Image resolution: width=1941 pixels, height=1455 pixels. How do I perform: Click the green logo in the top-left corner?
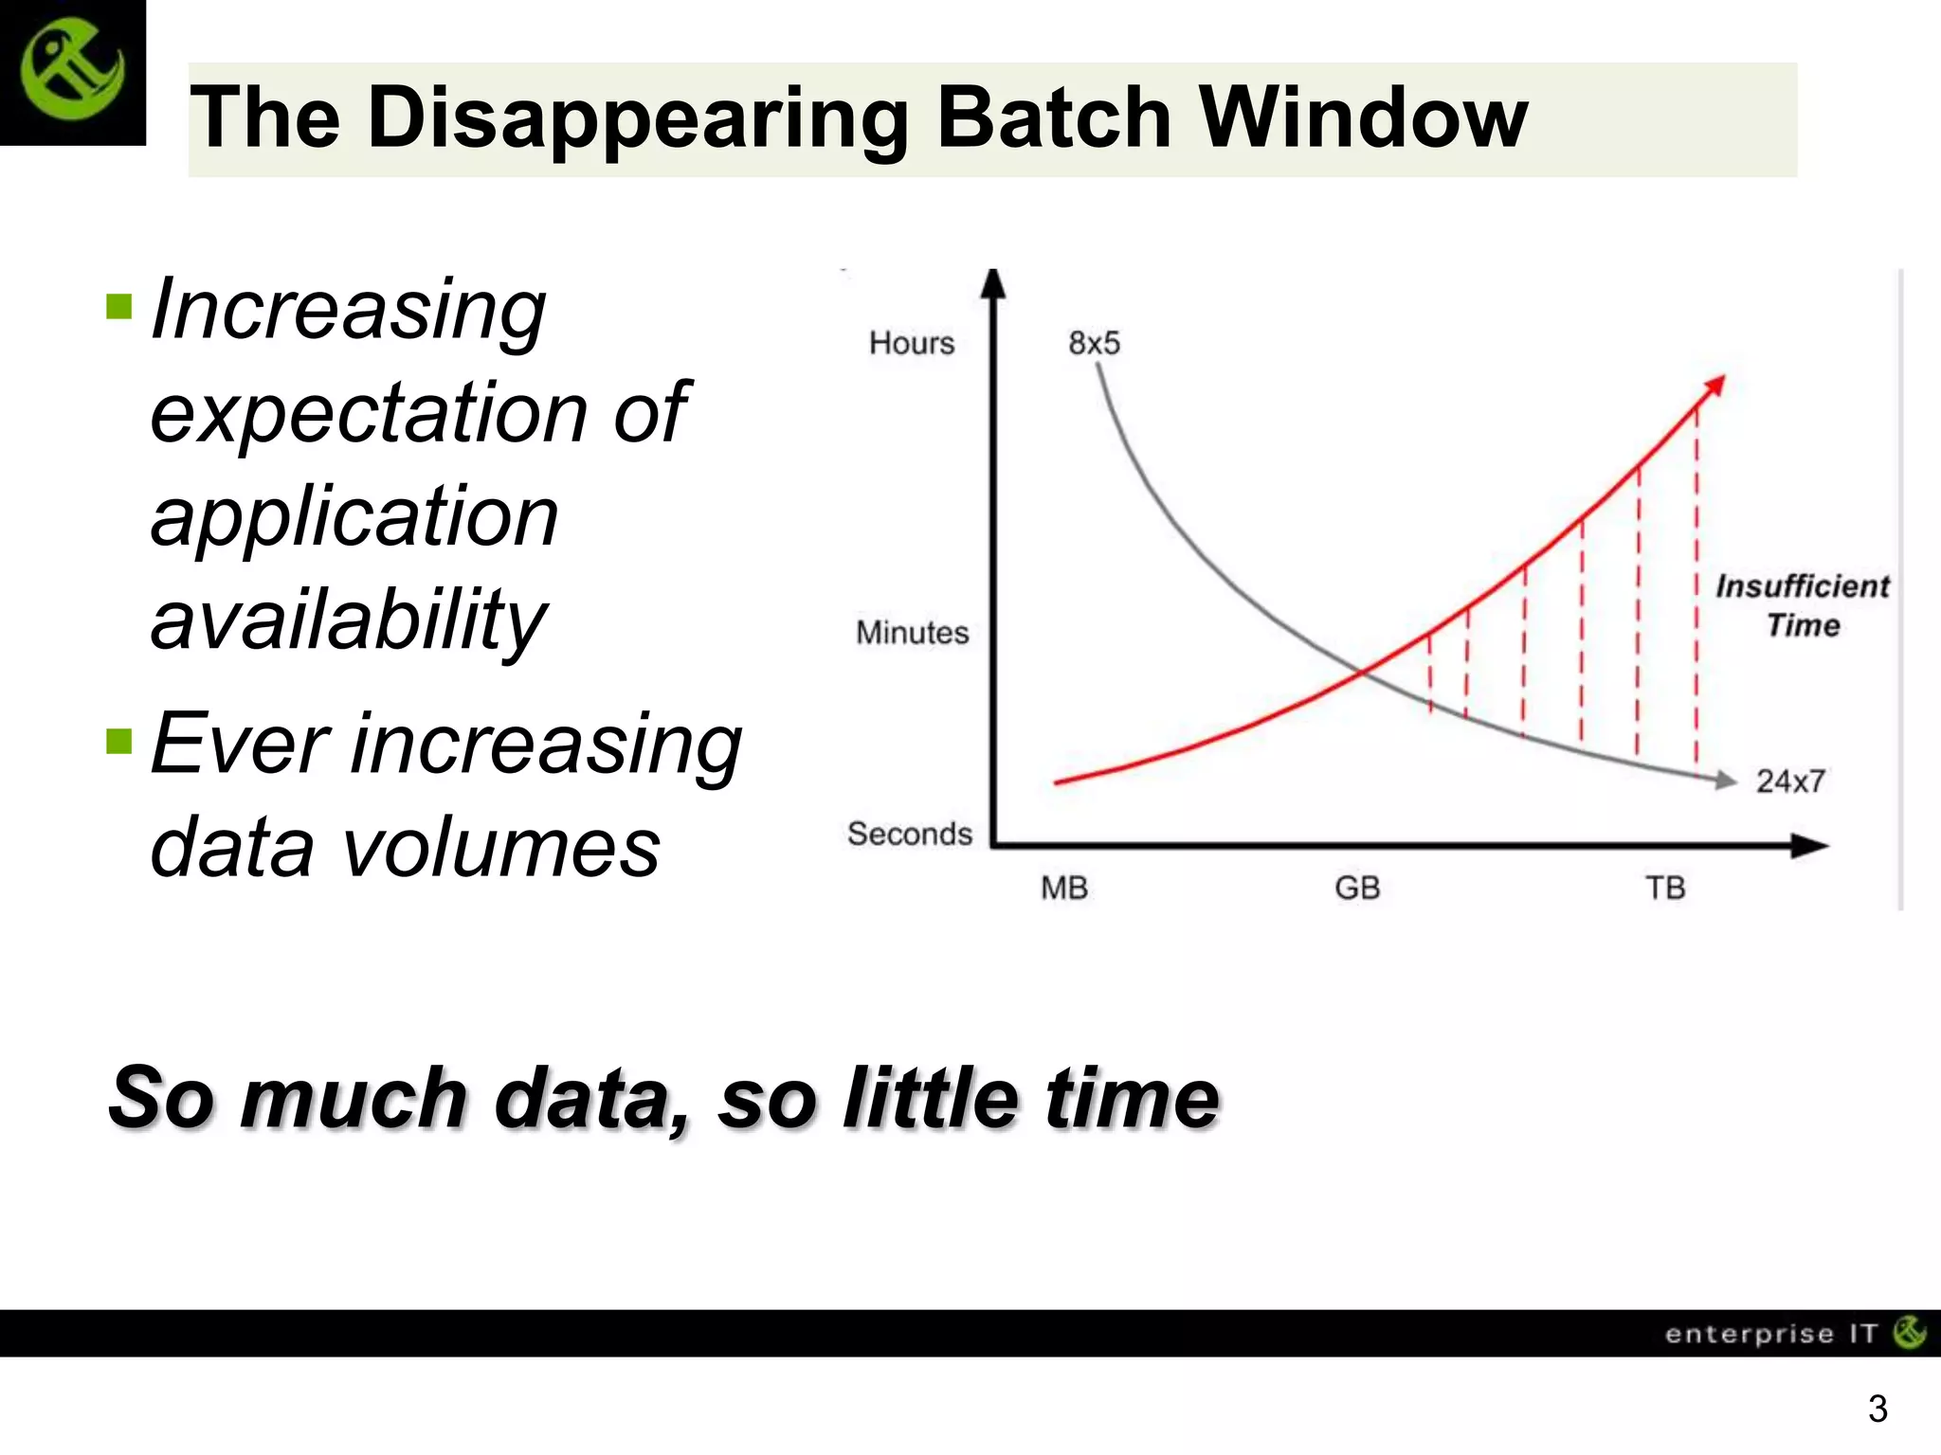[x=72, y=72]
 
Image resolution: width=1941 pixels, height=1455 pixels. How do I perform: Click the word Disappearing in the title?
[x=638, y=118]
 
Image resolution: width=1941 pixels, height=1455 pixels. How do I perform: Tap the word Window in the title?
[x=1363, y=118]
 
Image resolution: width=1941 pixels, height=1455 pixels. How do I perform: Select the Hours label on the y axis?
[x=911, y=343]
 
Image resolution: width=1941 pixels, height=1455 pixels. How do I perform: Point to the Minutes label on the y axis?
[x=912, y=633]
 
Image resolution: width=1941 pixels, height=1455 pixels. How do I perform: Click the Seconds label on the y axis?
[x=910, y=835]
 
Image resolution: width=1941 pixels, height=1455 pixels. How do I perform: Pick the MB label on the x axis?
[x=1063, y=889]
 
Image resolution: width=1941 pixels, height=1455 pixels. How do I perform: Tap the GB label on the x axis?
[x=1357, y=889]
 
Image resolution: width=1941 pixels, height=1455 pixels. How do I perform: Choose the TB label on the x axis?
[x=1665, y=889]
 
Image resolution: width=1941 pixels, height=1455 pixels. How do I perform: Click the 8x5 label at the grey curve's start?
[x=1094, y=343]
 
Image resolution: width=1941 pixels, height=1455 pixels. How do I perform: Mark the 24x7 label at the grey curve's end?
[x=1789, y=781]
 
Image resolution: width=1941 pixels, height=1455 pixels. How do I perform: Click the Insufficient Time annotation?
[x=1803, y=606]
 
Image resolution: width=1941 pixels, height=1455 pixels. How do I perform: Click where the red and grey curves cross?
[x=1362, y=673]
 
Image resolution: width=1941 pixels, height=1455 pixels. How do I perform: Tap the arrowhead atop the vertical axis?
[x=992, y=283]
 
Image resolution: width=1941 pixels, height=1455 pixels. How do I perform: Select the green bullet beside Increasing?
[x=119, y=307]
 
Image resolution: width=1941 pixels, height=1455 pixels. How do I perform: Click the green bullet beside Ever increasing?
[x=119, y=740]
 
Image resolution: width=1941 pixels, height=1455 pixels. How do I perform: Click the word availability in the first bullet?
[x=349, y=620]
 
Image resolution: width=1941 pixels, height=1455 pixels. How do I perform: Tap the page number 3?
[x=1878, y=1409]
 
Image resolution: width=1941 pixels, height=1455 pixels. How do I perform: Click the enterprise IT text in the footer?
[x=1769, y=1334]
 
